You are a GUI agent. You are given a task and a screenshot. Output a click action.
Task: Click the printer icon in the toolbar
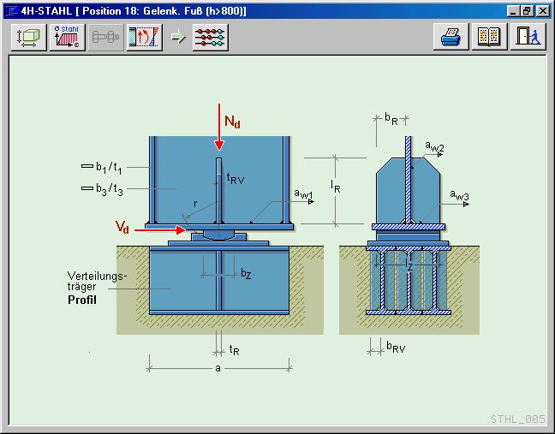(451, 39)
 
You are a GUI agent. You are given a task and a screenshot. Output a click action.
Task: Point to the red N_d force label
(232, 122)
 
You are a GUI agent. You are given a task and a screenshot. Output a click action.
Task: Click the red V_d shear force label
(124, 226)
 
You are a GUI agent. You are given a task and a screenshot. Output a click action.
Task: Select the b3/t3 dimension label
(108, 189)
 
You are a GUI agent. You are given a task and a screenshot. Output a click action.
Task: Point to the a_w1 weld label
(304, 196)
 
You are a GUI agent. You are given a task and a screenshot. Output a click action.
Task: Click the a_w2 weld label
(434, 148)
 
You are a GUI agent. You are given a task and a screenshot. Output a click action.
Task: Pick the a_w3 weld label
(460, 196)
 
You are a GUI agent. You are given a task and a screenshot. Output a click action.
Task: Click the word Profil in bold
(82, 300)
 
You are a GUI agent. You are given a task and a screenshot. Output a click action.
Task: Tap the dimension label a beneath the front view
(218, 368)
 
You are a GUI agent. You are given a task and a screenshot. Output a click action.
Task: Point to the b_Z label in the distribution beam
(245, 274)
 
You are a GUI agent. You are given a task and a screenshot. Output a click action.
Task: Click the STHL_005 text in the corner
(518, 419)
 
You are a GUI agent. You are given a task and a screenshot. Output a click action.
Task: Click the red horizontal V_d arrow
(159, 229)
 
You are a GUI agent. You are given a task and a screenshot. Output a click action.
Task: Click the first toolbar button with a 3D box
(29, 39)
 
